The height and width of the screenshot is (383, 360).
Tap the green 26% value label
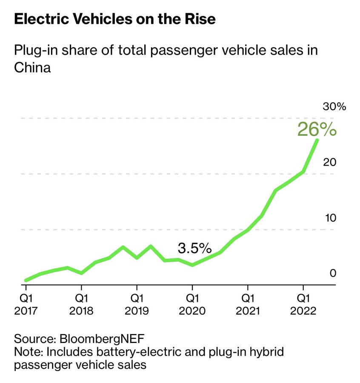(317, 129)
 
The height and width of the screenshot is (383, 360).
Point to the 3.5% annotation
(194, 248)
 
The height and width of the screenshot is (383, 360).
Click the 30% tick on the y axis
(334, 106)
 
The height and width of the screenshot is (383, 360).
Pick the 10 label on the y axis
(330, 218)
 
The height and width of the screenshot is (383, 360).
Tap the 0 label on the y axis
(333, 273)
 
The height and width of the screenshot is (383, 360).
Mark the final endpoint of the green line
(317, 140)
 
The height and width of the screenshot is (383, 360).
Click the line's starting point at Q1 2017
(26, 280)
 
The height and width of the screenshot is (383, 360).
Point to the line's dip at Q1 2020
(192, 265)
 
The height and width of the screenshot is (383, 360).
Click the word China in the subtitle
(32, 67)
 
